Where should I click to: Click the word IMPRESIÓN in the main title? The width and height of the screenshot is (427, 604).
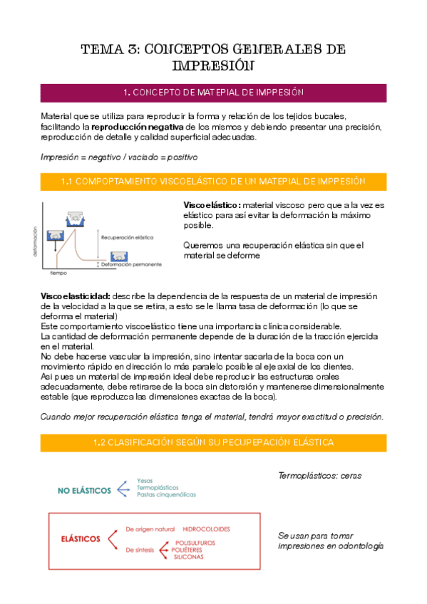point(213,66)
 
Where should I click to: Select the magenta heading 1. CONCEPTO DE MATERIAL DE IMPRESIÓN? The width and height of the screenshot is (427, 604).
point(213,93)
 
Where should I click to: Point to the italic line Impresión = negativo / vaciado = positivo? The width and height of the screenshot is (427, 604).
point(119,157)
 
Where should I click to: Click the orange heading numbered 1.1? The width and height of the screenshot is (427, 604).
point(213,182)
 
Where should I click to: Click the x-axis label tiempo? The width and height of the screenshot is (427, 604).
point(58,272)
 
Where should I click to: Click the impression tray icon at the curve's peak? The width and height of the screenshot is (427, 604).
point(76,216)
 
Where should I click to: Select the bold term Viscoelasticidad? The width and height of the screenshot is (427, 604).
point(75,296)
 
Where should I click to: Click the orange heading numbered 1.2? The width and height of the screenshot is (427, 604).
point(213,442)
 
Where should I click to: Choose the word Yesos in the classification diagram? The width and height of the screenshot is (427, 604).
point(145,481)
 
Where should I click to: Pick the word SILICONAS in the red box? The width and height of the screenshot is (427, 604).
point(188,557)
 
